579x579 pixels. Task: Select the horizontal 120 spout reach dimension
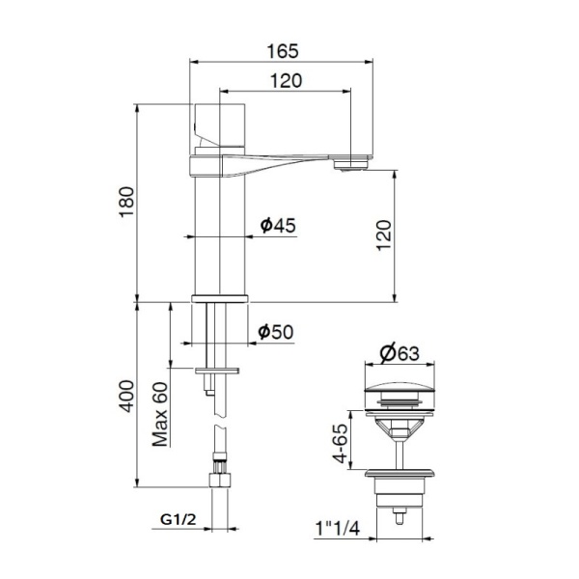tap(285, 82)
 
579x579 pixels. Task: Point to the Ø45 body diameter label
tap(278, 226)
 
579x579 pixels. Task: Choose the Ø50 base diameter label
tap(276, 332)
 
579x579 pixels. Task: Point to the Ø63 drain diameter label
tap(399, 353)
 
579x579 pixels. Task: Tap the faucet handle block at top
tap(220, 125)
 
